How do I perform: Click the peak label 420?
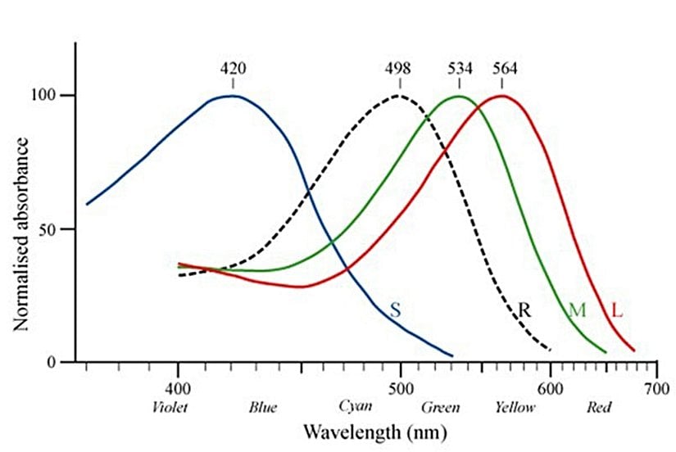click(x=233, y=68)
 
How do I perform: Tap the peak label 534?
click(x=460, y=68)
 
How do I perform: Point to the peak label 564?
click(x=504, y=68)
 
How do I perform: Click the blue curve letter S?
click(x=396, y=310)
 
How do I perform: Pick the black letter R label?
click(x=526, y=310)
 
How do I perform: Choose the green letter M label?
click(x=578, y=310)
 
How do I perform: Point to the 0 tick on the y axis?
click(x=63, y=362)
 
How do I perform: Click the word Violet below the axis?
click(x=171, y=407)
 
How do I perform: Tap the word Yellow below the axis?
click(x=515, y=407)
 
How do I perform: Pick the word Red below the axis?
click(x=599, y=407)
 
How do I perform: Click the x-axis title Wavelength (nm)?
click(x=362, y=430)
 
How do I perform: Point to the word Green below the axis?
click(x=440, y=407)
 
